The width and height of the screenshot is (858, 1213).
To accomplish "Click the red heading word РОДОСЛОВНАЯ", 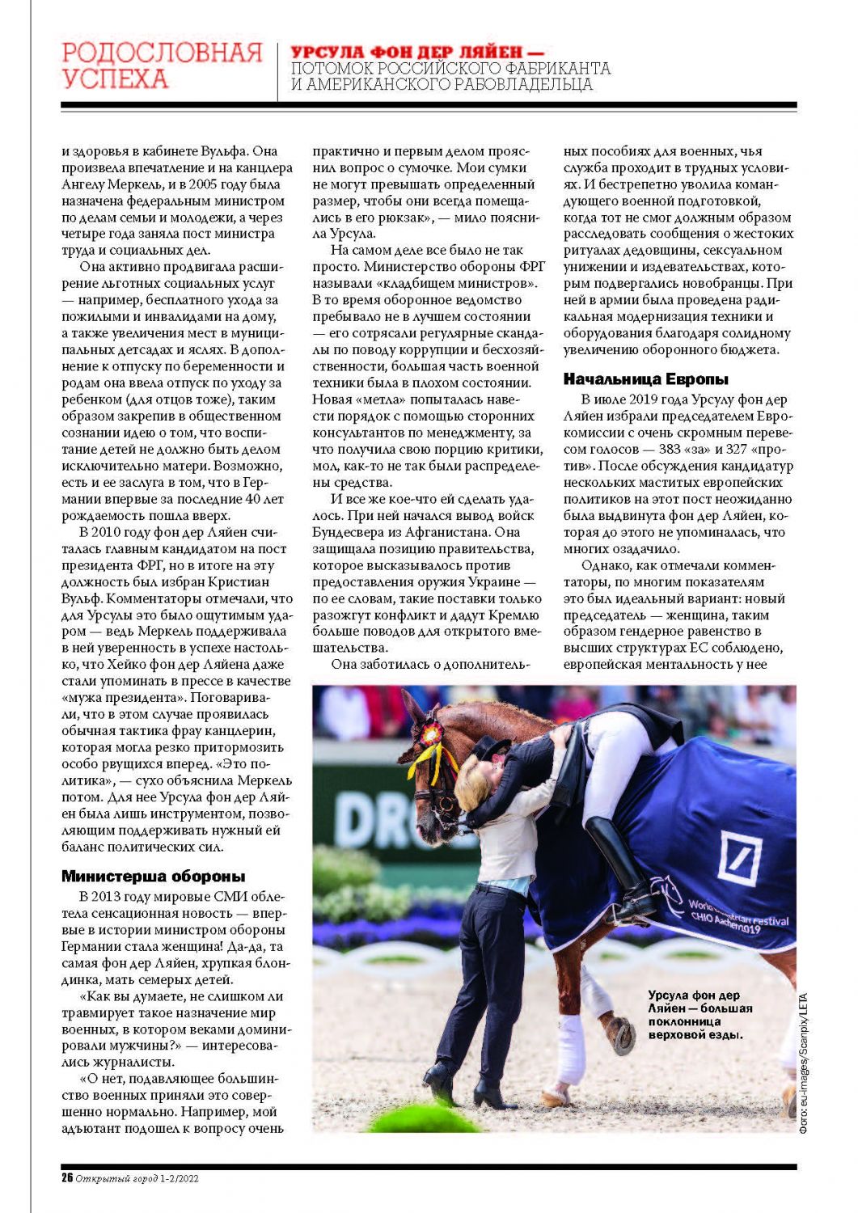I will (162, 53).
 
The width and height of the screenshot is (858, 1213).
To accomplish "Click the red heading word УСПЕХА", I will (115, 79).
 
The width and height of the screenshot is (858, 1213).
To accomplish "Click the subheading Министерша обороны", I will (153, 876).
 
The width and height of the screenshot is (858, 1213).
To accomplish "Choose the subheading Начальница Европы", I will (645, 378).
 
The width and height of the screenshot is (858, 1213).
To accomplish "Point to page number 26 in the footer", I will (67, 1177).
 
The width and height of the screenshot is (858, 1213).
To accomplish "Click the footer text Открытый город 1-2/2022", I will (137, 1178).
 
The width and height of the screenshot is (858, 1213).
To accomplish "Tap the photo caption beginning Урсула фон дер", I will (700, 1014).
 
